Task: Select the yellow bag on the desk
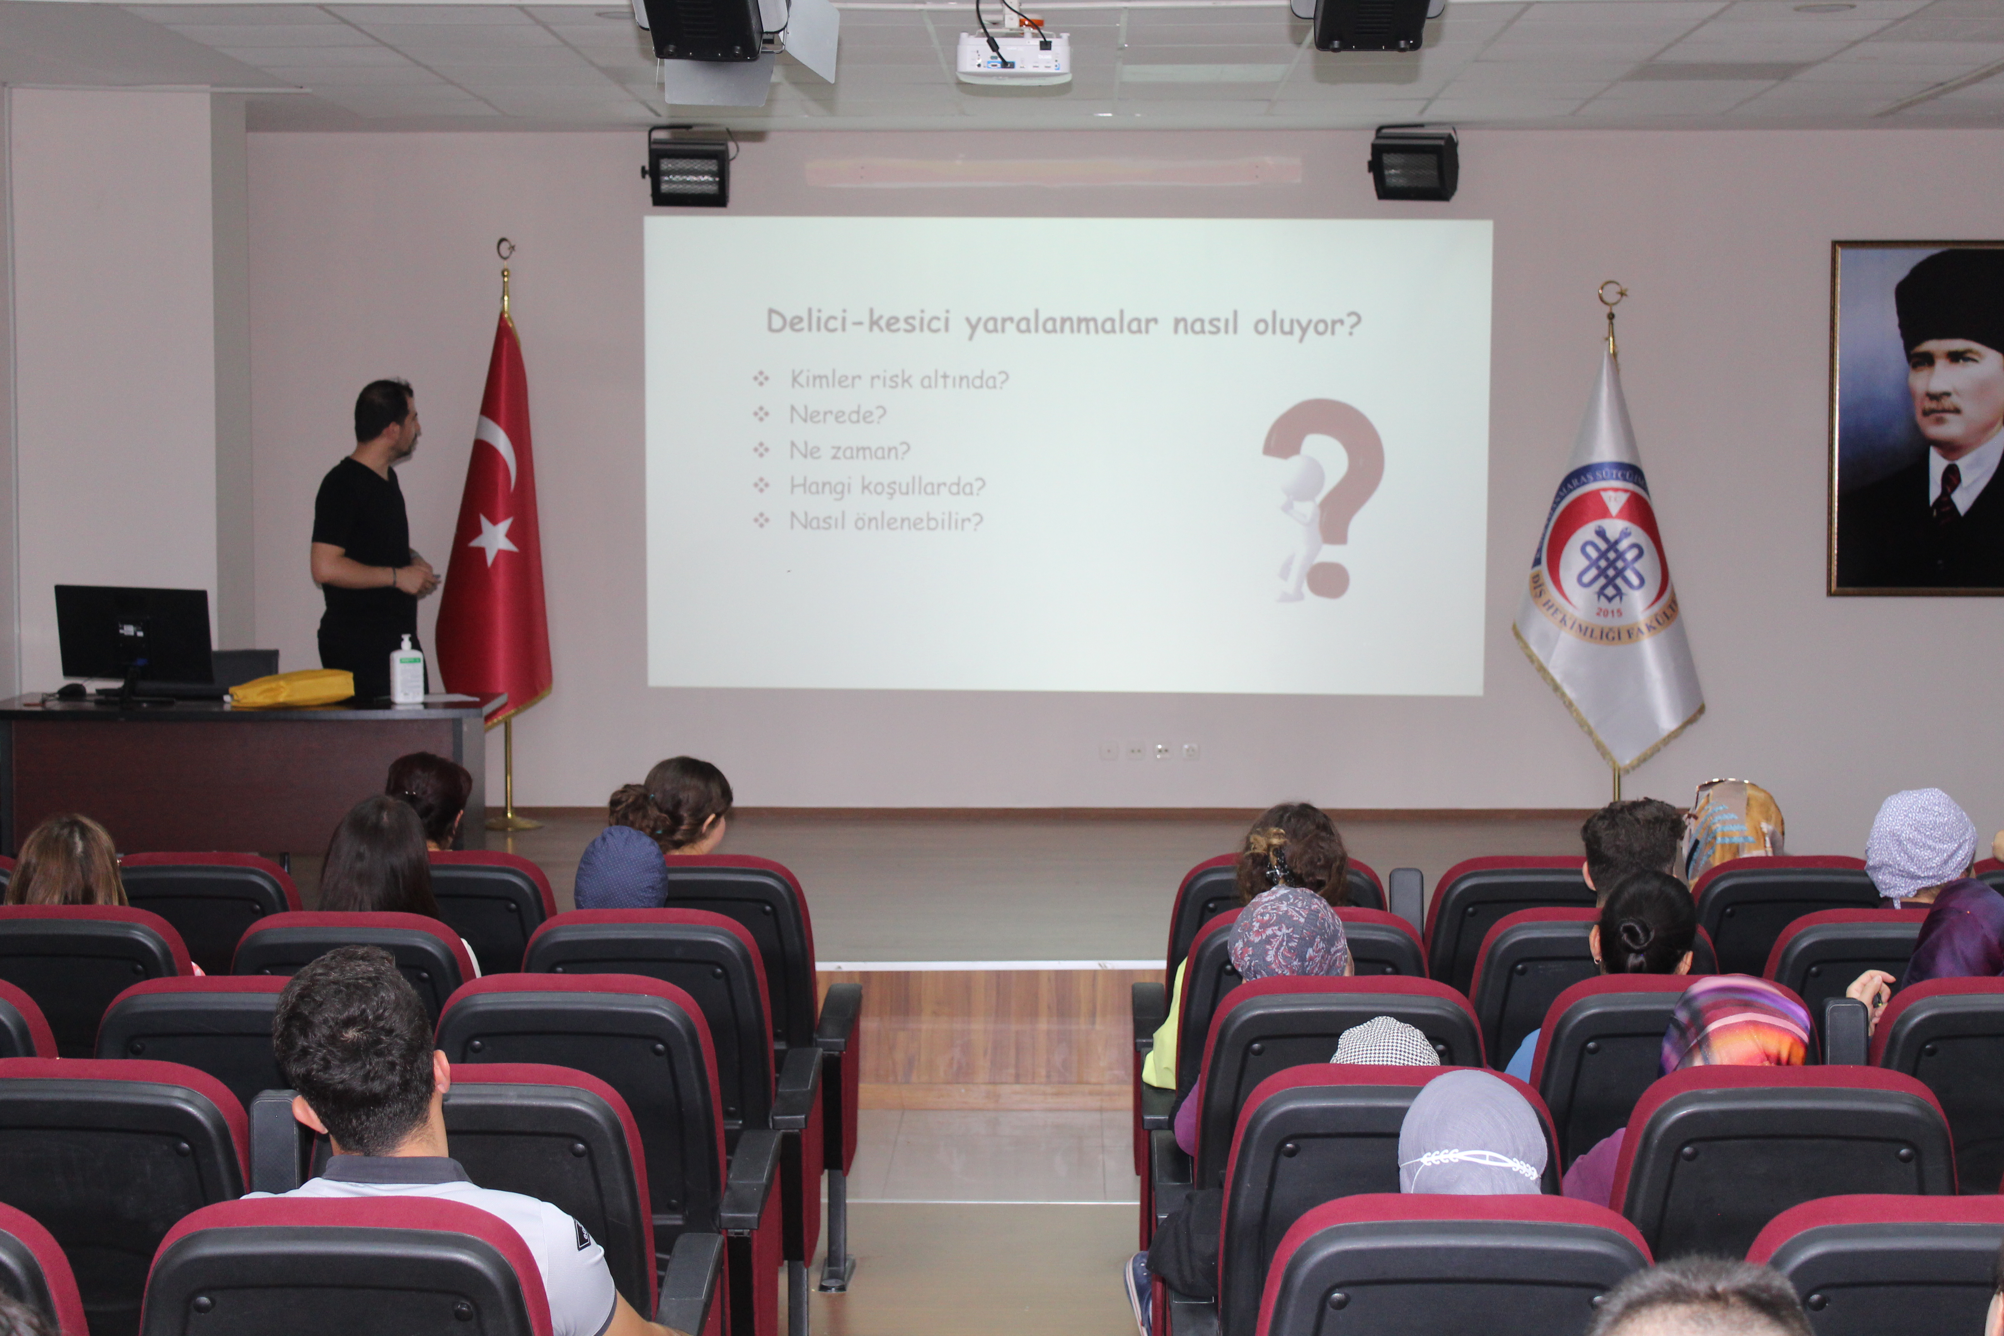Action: tap(292, 688)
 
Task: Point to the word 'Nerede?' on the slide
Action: tap(838, 415)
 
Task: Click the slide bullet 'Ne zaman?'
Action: tap(849, 451)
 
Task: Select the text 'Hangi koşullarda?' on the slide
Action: tap(887, 487)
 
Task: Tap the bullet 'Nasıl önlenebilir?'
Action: tap(886, 521)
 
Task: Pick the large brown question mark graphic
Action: tap(1325, 494)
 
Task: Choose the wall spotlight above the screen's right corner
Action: tap(1414, 164)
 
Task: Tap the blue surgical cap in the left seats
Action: tap(620, 869)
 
